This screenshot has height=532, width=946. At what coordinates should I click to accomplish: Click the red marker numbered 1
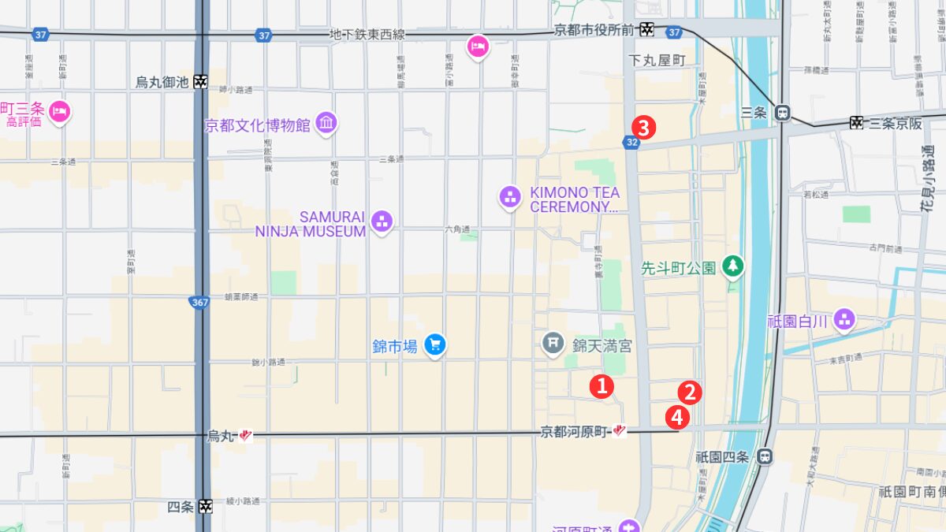(x=601, y=386)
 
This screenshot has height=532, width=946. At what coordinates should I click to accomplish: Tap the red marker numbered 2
(x=690, y=392)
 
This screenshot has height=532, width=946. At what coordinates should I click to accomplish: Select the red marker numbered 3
(x=644, y=127)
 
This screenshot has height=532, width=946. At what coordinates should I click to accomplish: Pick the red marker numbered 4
(x=676, y=418)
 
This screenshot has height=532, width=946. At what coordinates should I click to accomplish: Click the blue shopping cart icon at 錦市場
(x=434, y=344)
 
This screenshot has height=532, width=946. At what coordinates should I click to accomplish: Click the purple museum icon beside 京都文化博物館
(x=326, y=124)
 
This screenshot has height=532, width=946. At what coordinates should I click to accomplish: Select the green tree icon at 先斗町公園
(x=734, y=267)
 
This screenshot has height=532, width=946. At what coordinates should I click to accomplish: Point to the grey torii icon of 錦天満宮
(x=553, y=343)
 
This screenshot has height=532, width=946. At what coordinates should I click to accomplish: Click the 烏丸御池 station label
(x=162, y=82)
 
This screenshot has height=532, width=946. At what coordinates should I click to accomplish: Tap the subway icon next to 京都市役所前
(x=646, y=29)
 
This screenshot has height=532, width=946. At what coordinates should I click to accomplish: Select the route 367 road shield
(x=199, y=301)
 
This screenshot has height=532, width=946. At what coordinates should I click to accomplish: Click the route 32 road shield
(x=631, y=142)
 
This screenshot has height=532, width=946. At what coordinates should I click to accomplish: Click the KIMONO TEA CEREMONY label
(x=574, y=199)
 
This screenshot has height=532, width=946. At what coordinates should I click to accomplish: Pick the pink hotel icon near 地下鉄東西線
(x=478, y=47)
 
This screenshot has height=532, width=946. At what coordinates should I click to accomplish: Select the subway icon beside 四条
(x=205, y=506)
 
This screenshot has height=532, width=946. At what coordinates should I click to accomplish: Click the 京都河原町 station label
(x=575, y=432)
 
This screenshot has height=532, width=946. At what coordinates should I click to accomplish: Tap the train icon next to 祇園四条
(x=764, y=456)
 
